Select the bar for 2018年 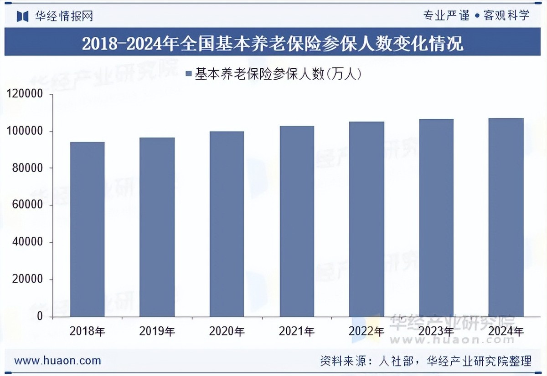coord(88,229)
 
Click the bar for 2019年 coord(157,227)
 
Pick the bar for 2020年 coord(227,224)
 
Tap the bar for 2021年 coord(297,221)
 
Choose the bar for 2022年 coord(366,219)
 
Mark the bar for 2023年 coord(436,218)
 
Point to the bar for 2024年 coord(506,217)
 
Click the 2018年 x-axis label coord(88,331)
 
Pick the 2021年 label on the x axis coord(297,331)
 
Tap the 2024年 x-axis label coord(506,331)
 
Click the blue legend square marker coord(188,73)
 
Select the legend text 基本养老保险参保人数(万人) coord(278,73)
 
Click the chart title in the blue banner coord(273,44)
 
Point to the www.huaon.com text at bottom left coord(58,361)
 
